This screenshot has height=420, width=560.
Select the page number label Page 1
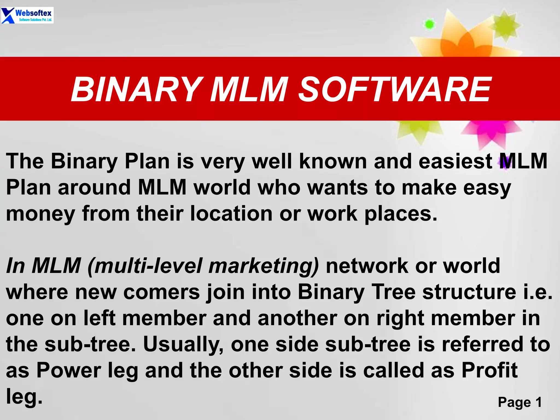coord(520,402)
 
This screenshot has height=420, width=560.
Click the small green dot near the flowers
coord(429,24)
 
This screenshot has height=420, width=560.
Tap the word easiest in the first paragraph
coord(455,161)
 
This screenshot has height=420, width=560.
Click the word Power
coord(69,371)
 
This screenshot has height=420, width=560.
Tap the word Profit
coord(489,371)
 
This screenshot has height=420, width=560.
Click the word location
coord(231,214)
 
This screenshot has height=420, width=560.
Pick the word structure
coord(469,292)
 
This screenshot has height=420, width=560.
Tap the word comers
coord(162,292)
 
